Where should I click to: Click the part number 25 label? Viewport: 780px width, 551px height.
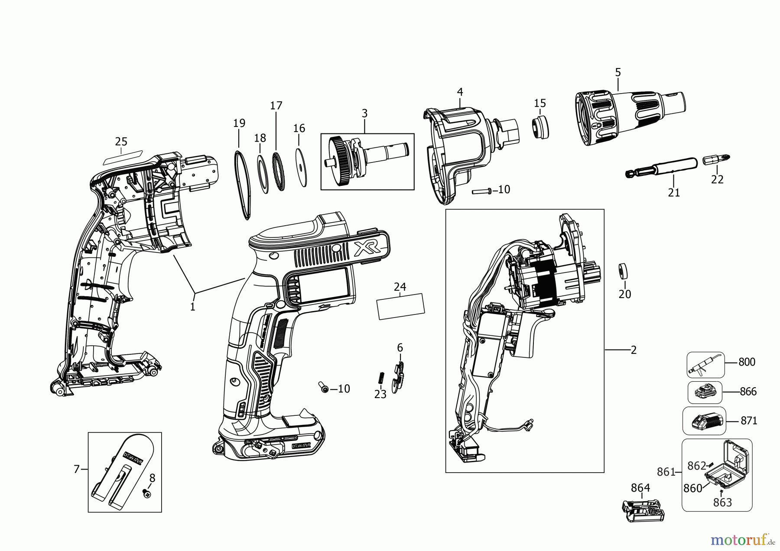121,142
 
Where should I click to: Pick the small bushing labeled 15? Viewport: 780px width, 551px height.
539,127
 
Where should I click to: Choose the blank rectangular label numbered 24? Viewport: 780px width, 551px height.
401,306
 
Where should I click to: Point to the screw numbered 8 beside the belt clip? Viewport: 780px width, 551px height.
147,494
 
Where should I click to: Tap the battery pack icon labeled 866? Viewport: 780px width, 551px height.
705,392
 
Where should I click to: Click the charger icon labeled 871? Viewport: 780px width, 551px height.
704,421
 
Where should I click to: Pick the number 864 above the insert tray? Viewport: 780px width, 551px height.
640,488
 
